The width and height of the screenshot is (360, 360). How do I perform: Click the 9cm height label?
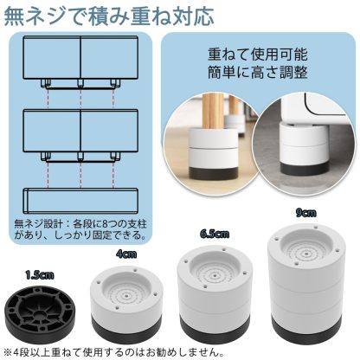(x=303, y=211)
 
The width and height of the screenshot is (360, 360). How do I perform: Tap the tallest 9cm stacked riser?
(x=306, y=282)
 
